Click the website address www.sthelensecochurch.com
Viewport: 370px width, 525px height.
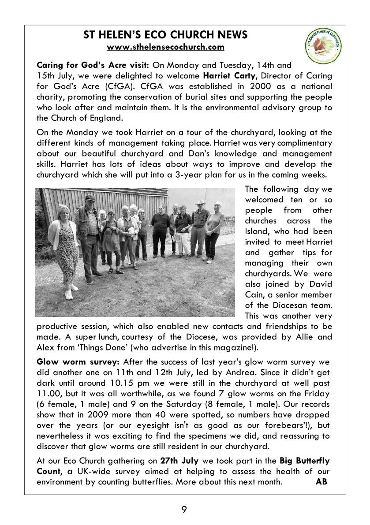(165, 47)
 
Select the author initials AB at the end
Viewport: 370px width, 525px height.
(321, 481)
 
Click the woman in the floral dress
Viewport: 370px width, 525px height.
(63, 247)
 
